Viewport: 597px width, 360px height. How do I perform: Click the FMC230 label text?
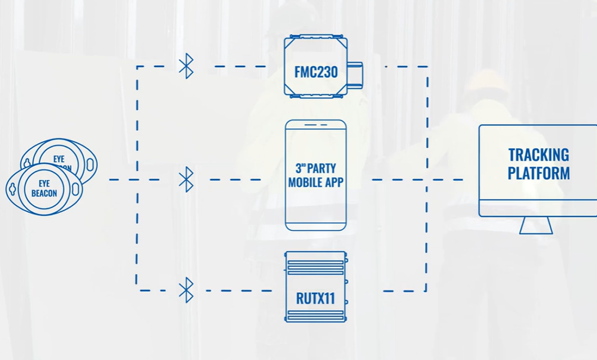point(315,72)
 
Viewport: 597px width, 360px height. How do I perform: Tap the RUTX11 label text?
point(315,298)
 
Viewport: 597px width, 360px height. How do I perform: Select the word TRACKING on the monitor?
point(538,155)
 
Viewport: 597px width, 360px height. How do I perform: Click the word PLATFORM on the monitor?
point(538,172)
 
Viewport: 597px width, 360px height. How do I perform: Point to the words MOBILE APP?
point(315,182)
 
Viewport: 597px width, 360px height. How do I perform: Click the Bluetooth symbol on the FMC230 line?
point(186,66)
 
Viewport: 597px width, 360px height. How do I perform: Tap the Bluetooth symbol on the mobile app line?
point(186,179)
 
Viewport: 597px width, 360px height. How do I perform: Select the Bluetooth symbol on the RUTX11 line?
point(186,291)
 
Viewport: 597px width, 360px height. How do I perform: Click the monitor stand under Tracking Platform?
point(536,225)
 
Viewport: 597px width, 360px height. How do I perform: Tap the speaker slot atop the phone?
point(315,125)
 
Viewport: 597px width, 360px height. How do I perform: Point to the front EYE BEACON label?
point(44,188)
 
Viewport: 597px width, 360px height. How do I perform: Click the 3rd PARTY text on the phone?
point(315,168)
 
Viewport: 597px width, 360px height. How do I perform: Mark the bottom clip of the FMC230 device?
point(315,96)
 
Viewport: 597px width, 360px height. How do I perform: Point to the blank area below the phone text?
point(315,208)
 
